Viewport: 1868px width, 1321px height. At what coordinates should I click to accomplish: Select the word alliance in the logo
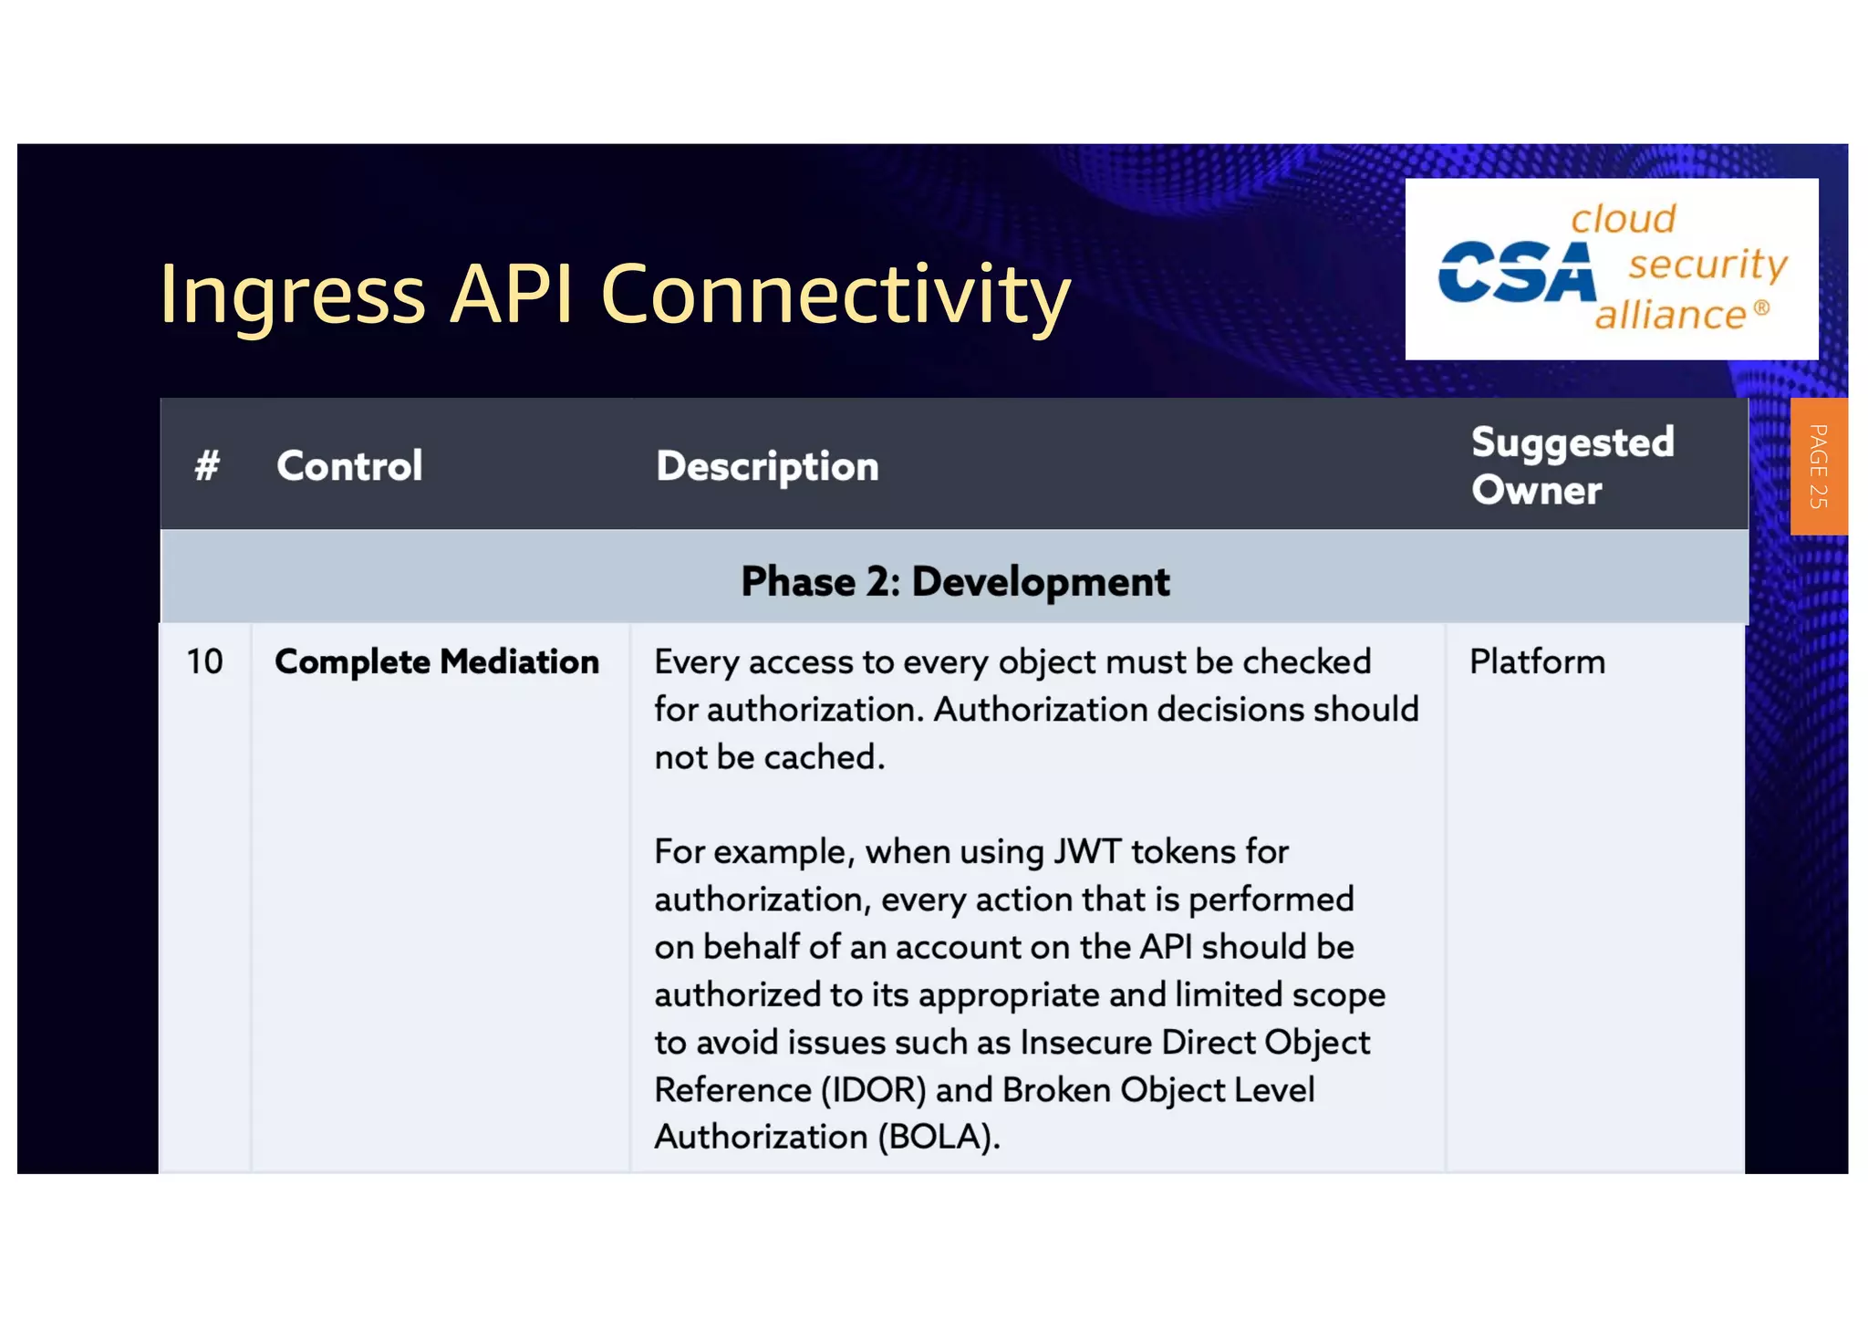pyautogui.click(x=1671, y=315)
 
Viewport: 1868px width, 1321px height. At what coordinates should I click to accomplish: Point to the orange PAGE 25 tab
pyautogui.click(x=1818, y=466)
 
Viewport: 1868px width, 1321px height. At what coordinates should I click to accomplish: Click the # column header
pyautogui.click(x=207, y=466)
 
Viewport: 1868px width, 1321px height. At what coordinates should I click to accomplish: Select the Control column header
pyautogui.click(x=349, y=466)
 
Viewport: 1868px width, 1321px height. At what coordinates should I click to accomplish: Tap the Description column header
pyautogui.click(x=767, y=466)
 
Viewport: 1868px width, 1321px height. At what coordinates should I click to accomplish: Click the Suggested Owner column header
pyautogui.click(x=1572, y=466)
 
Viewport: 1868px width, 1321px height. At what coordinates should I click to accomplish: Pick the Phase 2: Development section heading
pyautogui.click(x=954, y=581)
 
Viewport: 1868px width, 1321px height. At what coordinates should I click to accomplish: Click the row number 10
pyautogui.click(x=204, y=661)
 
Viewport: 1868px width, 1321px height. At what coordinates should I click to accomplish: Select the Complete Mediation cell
pyautogui.click(x=437, y=661)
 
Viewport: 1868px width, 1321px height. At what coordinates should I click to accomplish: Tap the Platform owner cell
pyautogui.click(x=1537, y=661)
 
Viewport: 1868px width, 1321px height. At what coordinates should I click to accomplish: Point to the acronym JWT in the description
pyautogui.click(x=1087, y=852)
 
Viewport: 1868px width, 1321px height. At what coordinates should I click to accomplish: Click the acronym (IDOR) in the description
pyautogui.click(x=874, y=1089)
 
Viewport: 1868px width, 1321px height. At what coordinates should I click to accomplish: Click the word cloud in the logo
pyautogui.click(x=1624, y=219)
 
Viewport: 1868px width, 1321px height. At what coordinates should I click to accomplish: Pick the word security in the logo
pyautogui.click(x=1707, y=265)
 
